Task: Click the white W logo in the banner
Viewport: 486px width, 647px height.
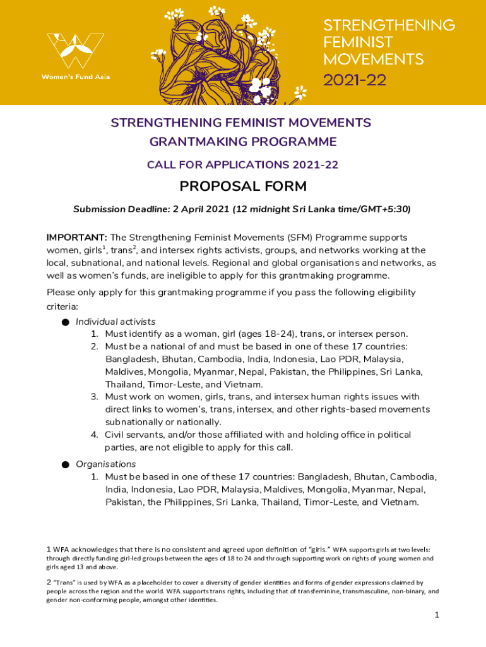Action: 75,50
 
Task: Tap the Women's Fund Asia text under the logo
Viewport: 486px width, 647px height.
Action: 75,77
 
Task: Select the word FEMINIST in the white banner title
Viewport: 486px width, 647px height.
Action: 358,42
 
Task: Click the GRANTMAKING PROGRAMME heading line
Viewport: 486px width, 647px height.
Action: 243,142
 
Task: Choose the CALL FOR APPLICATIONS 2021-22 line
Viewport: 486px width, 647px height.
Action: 243,165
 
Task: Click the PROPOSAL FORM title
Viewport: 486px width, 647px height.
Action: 243,186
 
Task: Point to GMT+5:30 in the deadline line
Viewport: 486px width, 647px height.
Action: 386,209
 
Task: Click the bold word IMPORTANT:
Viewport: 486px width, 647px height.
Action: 76,238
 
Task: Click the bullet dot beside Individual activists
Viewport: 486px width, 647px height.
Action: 66,322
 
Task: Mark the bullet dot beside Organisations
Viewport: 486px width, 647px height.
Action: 66,465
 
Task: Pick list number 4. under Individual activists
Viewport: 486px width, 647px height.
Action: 93,435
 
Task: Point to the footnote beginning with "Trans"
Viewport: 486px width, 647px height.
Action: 242,591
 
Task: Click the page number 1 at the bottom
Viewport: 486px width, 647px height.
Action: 436,615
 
